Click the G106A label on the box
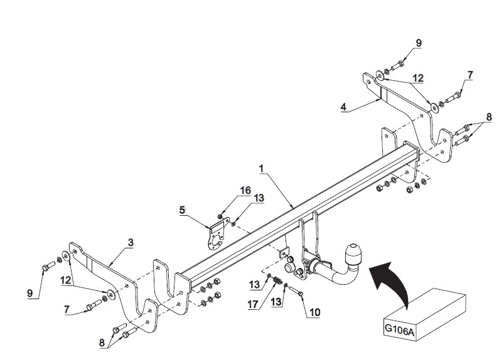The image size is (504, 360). [400, 329]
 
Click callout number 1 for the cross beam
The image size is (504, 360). [261, 168]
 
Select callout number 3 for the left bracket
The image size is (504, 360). [130, 242]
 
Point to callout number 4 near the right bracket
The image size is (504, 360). [343, 106]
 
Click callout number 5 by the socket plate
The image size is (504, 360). [183, 210]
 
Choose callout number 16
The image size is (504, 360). [245, 191]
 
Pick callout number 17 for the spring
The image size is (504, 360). [253, 304]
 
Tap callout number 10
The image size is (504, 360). [314, 312]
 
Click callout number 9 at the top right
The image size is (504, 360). [418, 43]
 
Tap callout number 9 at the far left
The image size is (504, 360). [30, 292]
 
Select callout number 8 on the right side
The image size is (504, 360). [488, 117]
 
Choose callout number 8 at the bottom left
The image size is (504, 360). [102, 342]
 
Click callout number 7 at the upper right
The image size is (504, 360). [470, 75]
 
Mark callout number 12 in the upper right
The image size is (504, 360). [418, 78]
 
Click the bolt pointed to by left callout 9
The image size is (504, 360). [48, 265]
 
